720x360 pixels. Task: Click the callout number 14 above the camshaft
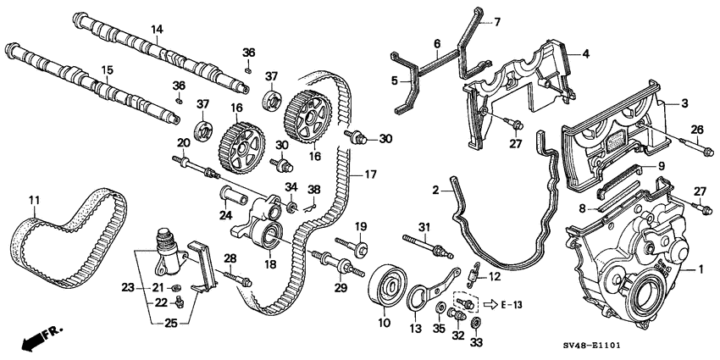(156, 30)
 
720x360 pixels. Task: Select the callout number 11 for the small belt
(34, 201)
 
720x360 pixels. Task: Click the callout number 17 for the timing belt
(369, 175)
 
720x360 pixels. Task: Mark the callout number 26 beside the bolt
(697, 129)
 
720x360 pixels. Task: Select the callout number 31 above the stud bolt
(424, 224)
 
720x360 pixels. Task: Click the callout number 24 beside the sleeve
(224, 214)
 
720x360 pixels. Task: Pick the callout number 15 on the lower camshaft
(107, 69)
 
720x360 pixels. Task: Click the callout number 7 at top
(497, 21)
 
